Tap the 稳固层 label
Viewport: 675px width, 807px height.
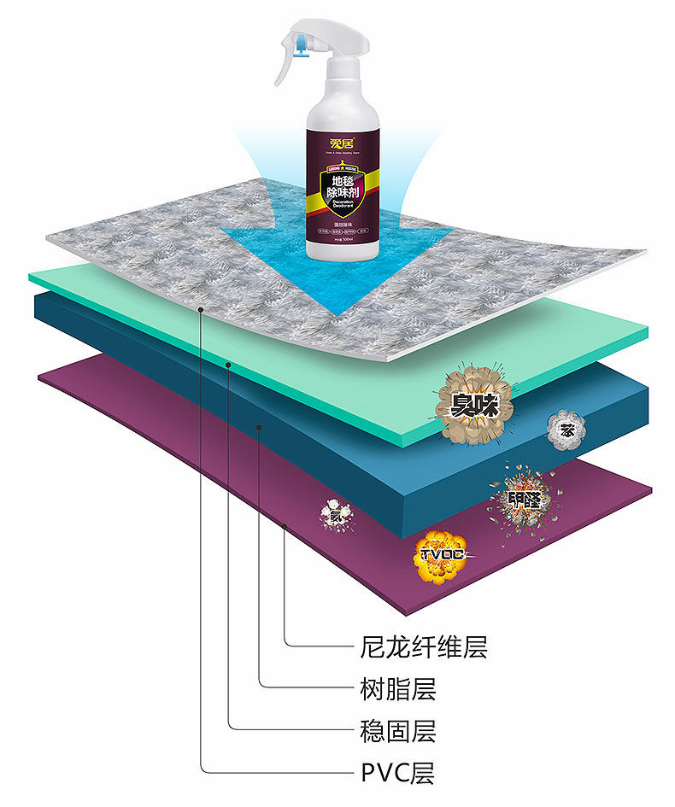point(393,731)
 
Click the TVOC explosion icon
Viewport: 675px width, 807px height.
point(442,555)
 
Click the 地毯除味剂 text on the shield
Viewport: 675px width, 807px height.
point(343,185)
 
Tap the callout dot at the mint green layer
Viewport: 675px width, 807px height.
point(229,364)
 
